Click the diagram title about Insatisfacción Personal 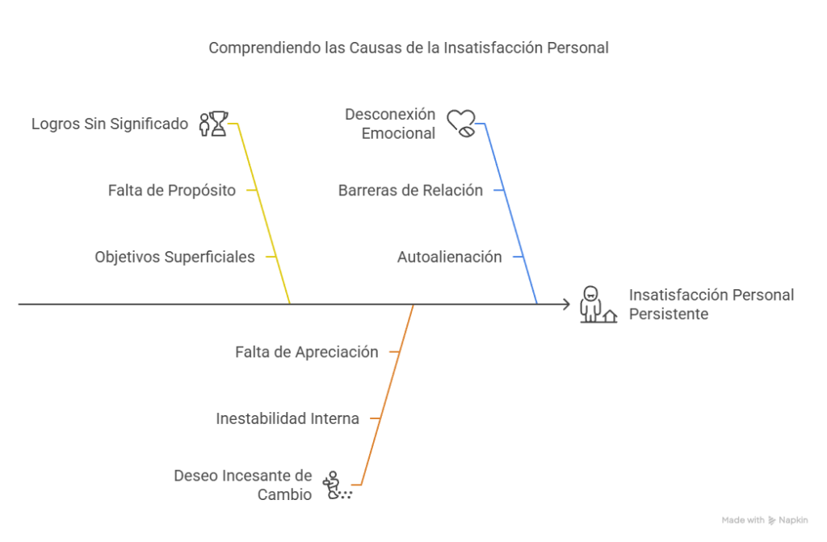point(408,48)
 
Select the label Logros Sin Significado point(110,124)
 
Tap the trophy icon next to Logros point(213,124)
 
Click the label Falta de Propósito point(172,191)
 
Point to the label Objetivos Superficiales point(174,257)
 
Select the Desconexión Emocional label point(390,124)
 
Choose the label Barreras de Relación point(410,191)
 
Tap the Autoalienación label point(449,257)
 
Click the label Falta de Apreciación point(306,352)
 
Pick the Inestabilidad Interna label point(288,418)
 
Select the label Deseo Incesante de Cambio point(243,485)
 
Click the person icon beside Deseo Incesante point(337,485)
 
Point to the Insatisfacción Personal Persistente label point(711,305)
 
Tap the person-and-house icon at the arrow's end point(598,305)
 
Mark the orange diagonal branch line point(387,395)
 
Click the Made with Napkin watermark point(765,520)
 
